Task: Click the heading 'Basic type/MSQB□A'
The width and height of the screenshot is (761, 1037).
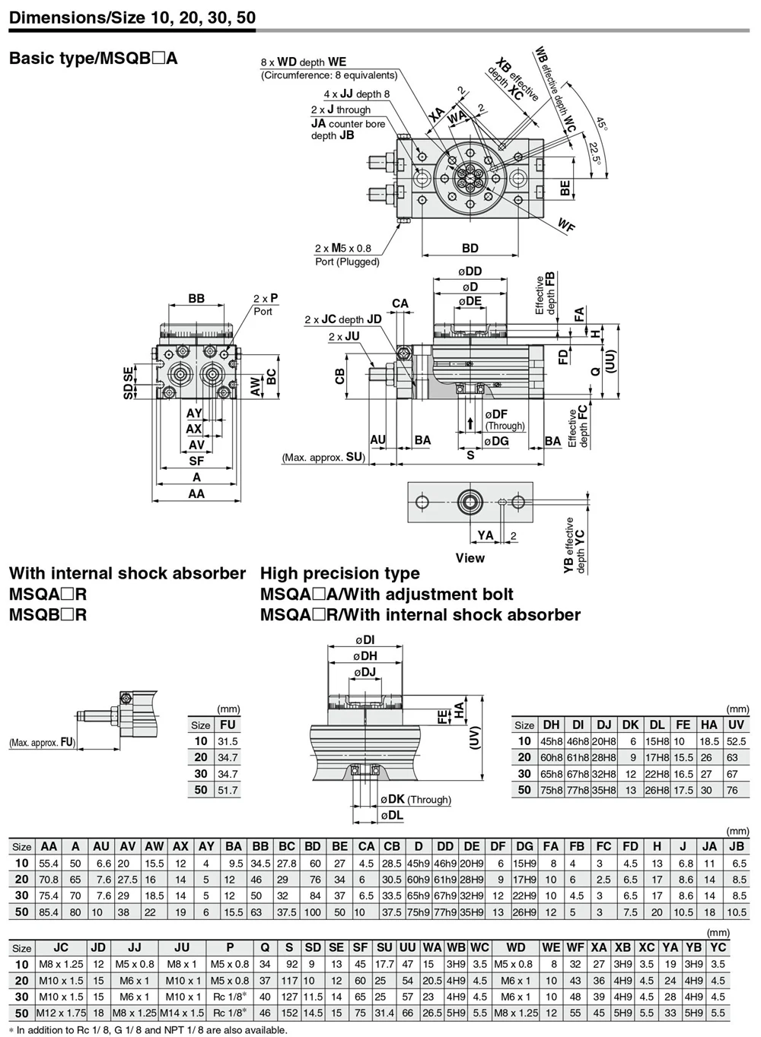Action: pos(93,59)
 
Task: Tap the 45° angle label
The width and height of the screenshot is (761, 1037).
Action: pos(601,124)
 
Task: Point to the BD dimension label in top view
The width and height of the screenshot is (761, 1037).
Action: pos(470,248)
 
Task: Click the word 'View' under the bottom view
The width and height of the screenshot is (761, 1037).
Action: pos(470,558)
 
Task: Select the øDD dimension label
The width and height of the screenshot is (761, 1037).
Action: pos(470,271)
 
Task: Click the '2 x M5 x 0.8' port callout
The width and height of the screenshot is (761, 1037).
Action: pos(343,248)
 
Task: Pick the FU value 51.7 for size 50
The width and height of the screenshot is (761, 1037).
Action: pos(228,790)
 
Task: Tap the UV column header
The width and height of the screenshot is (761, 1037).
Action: pos(736,725)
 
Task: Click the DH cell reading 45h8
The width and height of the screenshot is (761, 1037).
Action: pos(551,741)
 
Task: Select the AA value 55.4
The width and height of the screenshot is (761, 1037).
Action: pos(49,864)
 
